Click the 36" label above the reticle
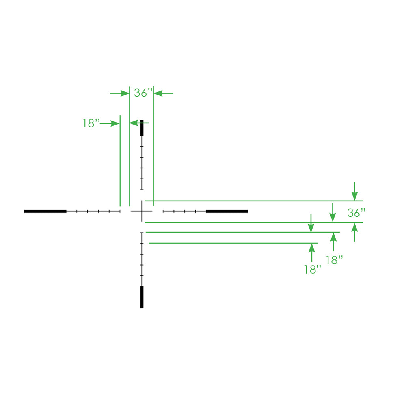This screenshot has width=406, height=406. (x=143, y=93)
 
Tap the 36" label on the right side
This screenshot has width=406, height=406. (x=356, y=213)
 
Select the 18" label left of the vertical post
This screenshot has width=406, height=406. (x=91, y=123)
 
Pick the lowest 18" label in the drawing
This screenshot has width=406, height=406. (x=313, y=270)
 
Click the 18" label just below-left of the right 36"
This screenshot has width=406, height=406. (x=334, y=260)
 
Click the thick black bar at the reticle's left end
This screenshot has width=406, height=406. (x=45, y=212)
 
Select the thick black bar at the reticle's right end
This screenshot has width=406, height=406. (x=227, y=212)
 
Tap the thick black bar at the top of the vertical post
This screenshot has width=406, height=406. (x=142, y=128)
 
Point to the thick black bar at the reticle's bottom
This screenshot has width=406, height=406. (x=142, y=297)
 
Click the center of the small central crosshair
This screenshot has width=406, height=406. (x=142, y=211)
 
